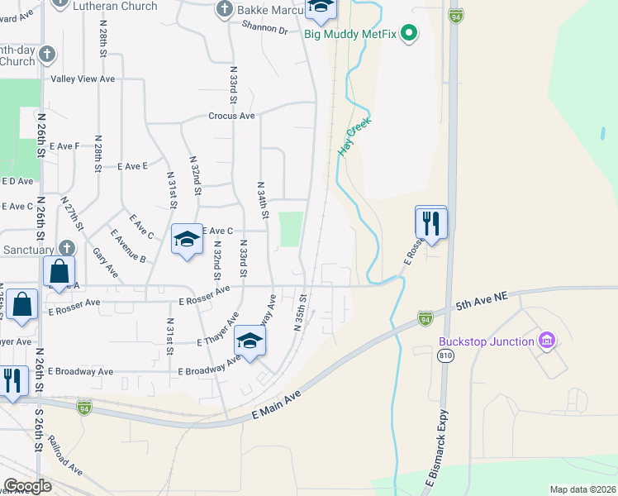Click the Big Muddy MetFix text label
tap(350, 34)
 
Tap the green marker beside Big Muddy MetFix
tap(408, 34)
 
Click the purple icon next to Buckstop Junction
tap(545, 340)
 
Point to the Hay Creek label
tap(354, 136)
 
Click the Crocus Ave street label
tap(231, 117)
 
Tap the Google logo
tap(27, 486)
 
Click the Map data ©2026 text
tap(582, 489)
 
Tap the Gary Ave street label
tap(105, 262)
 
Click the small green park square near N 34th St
tap(290, 229)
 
